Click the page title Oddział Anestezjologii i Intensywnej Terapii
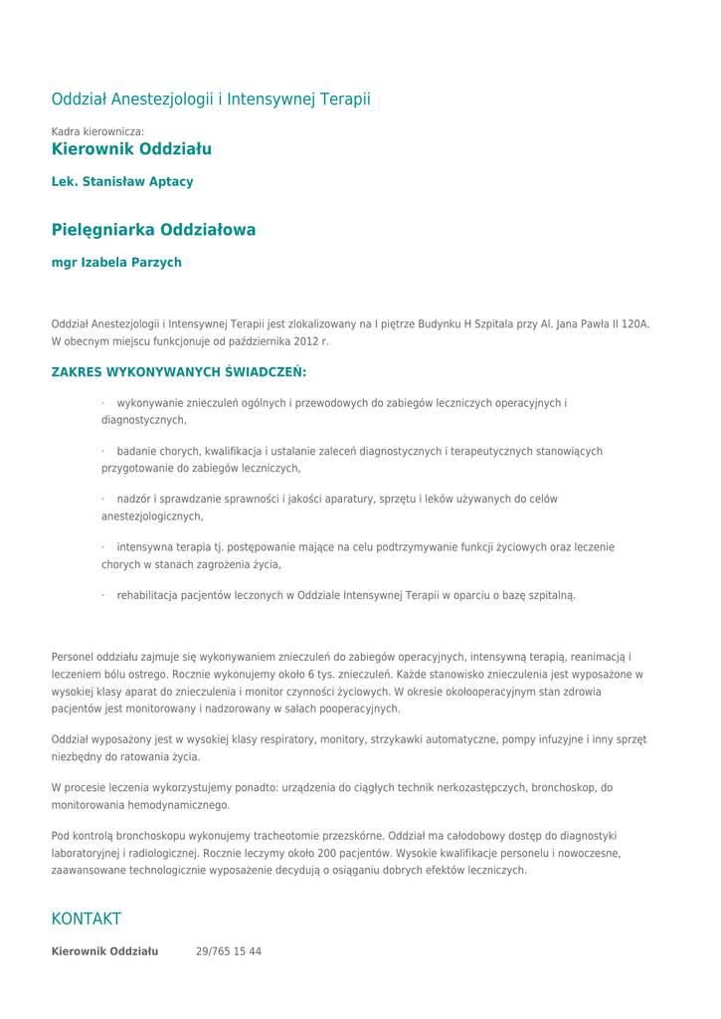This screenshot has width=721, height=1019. pos(211,100)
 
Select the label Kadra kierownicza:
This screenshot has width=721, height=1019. pos(97,131)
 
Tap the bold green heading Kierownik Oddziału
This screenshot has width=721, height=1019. pos(131,149)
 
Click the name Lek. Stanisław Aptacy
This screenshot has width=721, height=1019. pos(122,182)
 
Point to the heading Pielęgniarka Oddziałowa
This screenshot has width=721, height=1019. pos(153,230)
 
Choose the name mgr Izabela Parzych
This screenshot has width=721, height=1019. pos(116,263)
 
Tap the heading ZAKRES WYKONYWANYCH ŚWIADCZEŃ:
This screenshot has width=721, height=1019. pos(179,372)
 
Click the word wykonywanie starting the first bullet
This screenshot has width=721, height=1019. pos(150,403)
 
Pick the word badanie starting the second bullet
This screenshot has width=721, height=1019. pos(137,451)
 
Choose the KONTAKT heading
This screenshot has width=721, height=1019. pos(87,918)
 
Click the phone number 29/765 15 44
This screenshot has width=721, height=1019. pos(229,951)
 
